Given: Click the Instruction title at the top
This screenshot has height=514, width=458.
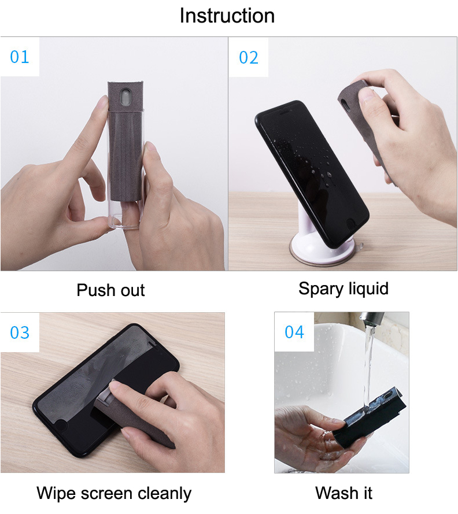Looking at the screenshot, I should pyautogui.click(x=227, y=16).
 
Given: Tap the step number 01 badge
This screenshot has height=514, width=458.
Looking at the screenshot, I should pyautogui.click(x=20, y=57).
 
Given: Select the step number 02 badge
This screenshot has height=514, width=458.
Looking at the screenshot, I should pyautogui.click(x=249, y=57).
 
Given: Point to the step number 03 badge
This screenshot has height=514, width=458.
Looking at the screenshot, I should pyautogui.click(x=20, y=332).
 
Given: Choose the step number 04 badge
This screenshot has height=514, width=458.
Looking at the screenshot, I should pyautogui.click(x=294, y=332).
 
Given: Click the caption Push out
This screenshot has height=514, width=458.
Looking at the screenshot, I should pyautogui.click(x=110, y=290).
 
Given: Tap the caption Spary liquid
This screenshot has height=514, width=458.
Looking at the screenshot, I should pyautogui.click(x=343, y=288).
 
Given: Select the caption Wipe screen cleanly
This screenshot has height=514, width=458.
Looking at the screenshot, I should pyautogui.click(x=114, y=493).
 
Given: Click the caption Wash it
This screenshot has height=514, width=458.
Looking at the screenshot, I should pyautogui.click(x=343, y=493).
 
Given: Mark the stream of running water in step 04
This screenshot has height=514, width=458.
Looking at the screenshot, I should pyautogui.click(x=367, y=358).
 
